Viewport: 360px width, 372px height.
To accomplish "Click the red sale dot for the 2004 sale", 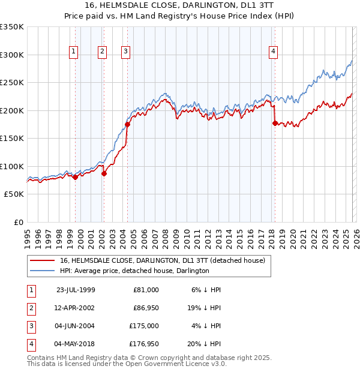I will click(x=127, y=125).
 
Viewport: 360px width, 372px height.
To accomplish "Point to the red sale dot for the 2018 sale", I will click(x=275, y=123).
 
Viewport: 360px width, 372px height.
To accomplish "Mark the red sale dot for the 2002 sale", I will click(x=104, y=174).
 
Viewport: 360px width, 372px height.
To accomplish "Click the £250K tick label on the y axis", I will click(x=12, y=83).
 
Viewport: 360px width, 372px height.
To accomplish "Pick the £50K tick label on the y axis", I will click(x=14, y=194).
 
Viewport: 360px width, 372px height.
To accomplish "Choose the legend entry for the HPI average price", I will click(x=134, y=271).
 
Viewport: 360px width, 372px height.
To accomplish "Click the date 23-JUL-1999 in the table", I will click(x=76, y=290).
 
